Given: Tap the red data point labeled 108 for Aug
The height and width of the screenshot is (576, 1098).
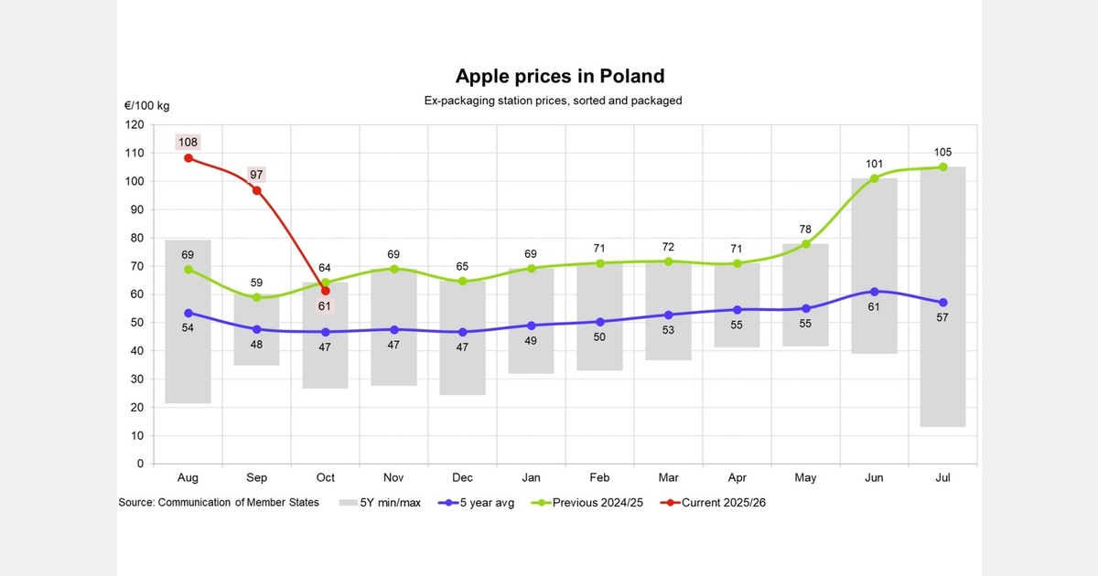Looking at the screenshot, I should [x=188, y=158].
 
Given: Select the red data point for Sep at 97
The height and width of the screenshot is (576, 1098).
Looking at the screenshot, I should [x=257, y=190].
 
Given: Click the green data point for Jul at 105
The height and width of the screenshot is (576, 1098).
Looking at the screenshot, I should [x=942, y=167].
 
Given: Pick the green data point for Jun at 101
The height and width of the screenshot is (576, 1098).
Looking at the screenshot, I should [x=874, y=178].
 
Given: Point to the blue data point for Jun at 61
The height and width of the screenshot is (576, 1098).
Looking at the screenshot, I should [x=874, y=292].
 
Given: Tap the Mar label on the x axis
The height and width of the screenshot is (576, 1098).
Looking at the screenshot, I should [x=668, y=478].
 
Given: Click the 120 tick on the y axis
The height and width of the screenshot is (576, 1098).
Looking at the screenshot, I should [x=135, y=124].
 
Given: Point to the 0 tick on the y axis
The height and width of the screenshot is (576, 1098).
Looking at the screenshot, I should [x=140, y=464].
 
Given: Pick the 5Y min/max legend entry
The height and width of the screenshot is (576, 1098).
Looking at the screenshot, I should [x=380, y=503].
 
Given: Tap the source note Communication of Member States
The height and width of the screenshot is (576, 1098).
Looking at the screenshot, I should [x=219, y=503].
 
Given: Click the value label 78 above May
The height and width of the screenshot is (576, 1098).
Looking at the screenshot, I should [x=805, y=228].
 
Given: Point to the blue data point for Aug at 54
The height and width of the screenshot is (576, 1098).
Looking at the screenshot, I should [x=188, y=313].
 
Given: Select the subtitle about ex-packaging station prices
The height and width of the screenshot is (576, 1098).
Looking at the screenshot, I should [x=553, y=101].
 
